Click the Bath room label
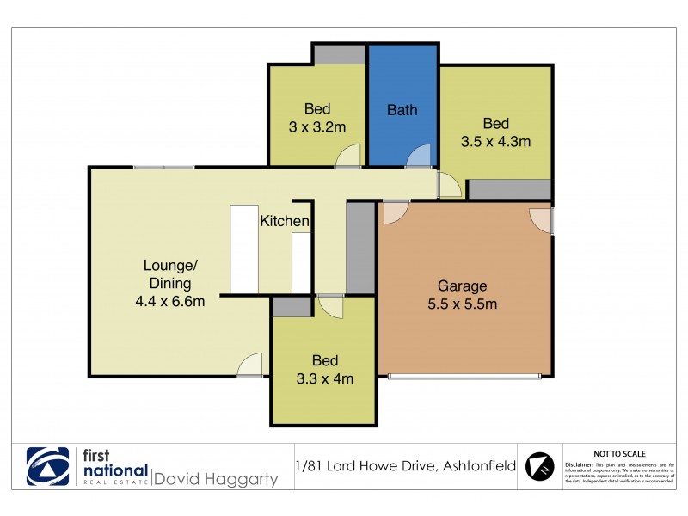click(x=402, y=110)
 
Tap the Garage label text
click(x=462, y=286)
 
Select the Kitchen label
click(x=285, y=221)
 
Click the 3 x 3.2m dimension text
click(x=317, y=127)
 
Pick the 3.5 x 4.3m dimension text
click(x=495, y=141)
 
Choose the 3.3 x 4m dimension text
click(x=324, y=378)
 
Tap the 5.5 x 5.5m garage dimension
click(x=462, y=303)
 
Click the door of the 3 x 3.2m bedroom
click(x=348, y=156)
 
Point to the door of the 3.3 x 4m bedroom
click(x=329, y=306)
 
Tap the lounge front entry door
click(x=250, y=365)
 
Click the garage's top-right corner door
click(x=541, y=220)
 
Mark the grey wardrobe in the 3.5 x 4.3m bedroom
click(x=508, y=190)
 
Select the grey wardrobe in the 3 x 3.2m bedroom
click(x=339, y=54)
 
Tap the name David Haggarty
click(x=215, y=478)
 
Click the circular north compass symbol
click(x=540, y=467)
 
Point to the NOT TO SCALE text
click(x=619, y=454)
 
